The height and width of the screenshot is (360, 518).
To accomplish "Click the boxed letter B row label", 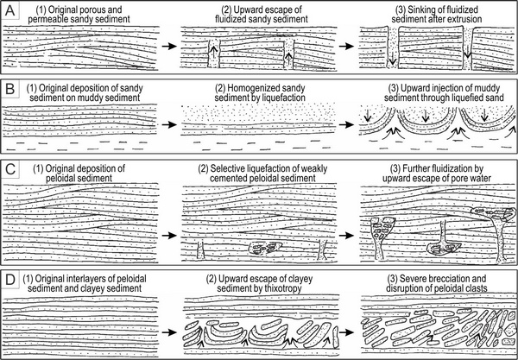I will pos(9,91).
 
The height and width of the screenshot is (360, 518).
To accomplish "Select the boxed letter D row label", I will pos(9,281).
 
